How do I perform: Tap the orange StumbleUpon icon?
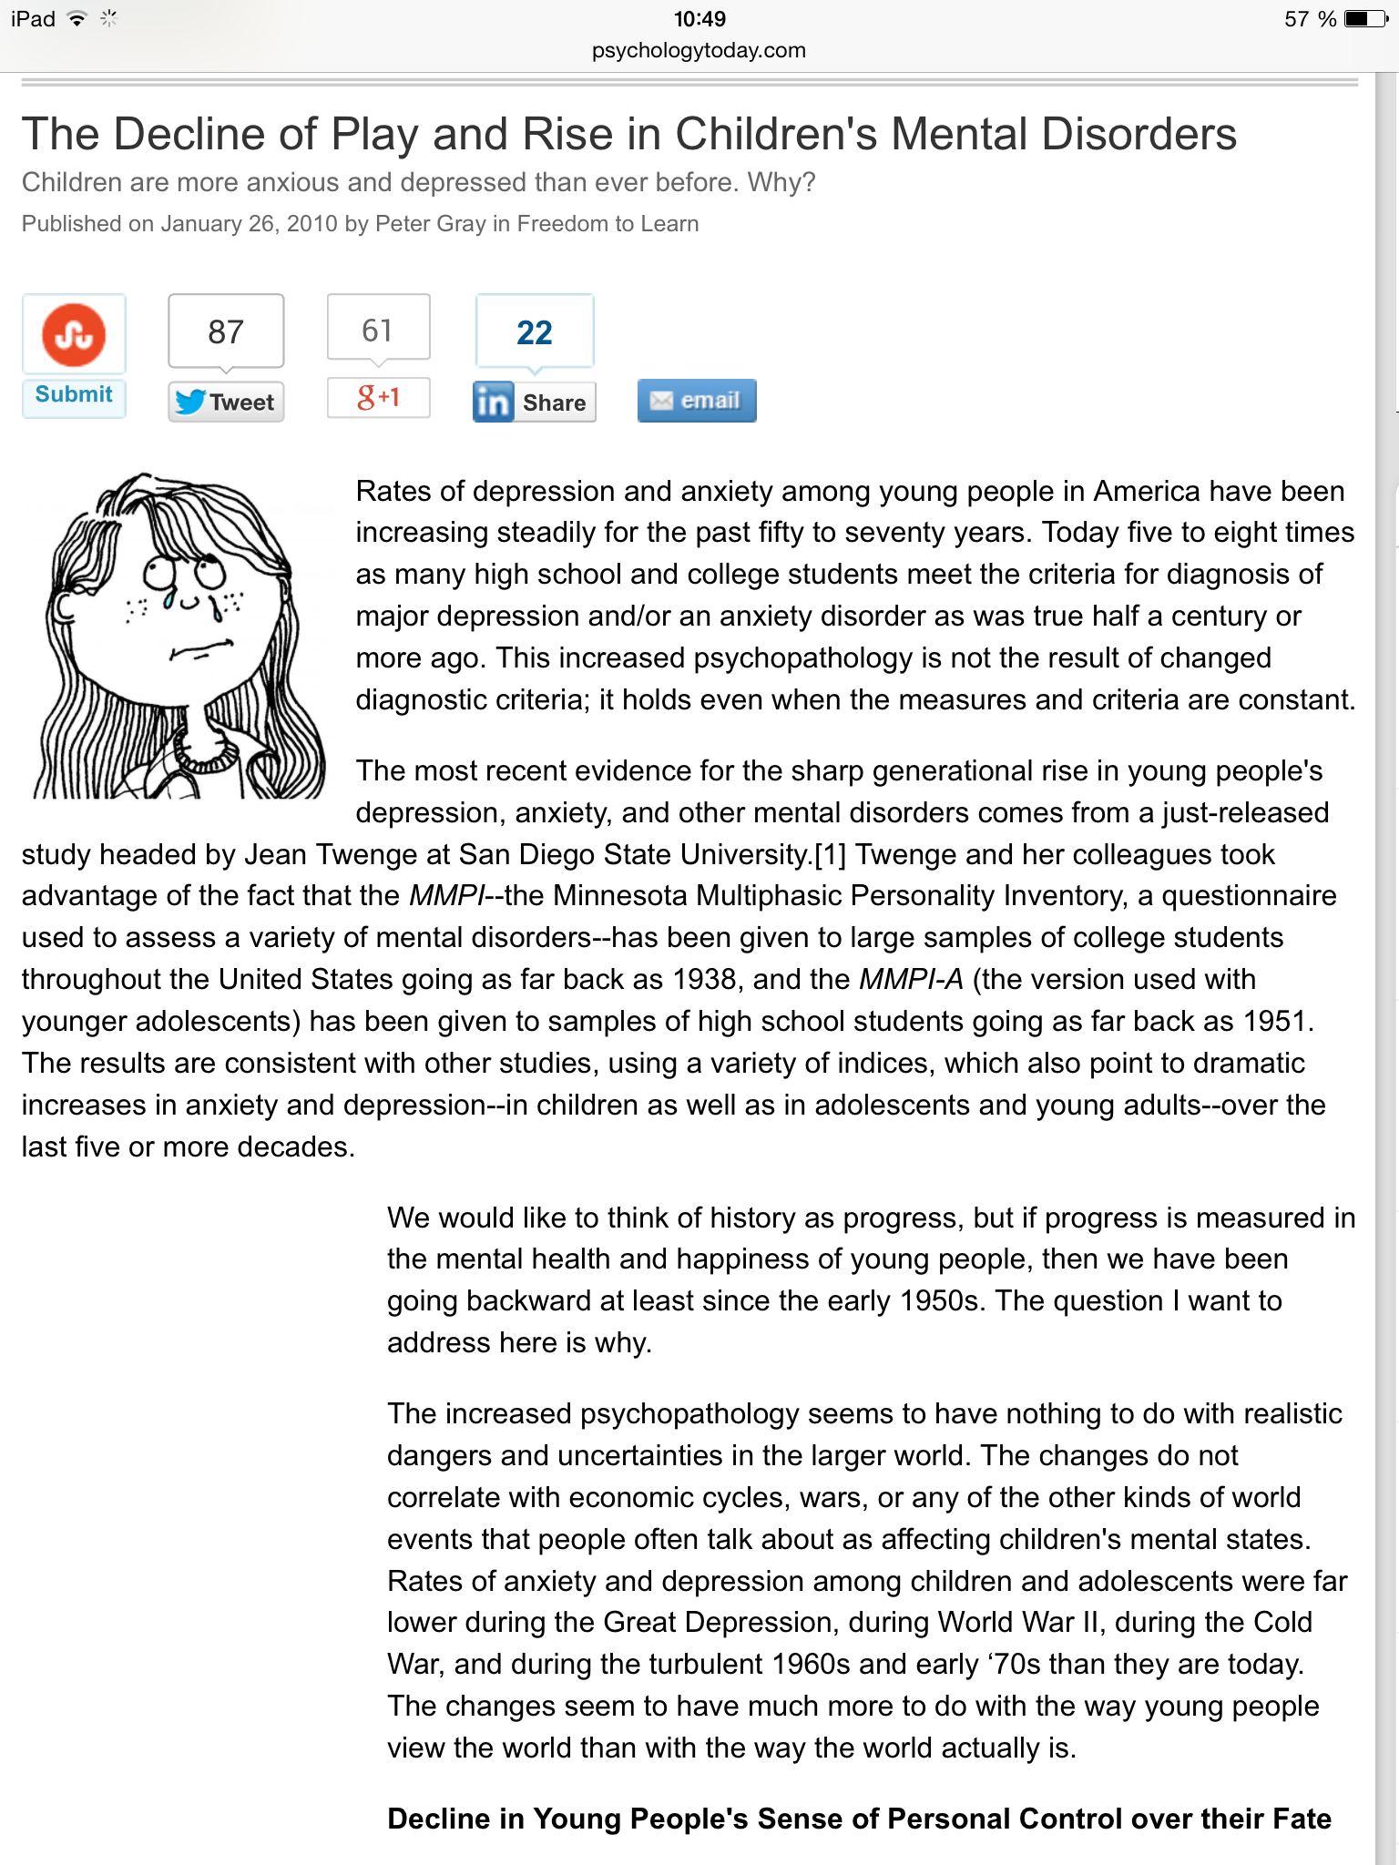(x=74, y=334)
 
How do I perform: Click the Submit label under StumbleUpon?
(x=74, y=394)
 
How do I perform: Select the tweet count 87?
(x=226, y=332)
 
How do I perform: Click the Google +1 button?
(x=378, y=397)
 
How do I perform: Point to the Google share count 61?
(x=377, y=331)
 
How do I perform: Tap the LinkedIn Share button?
(x=534, y=403)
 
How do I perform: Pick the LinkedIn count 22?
(x=535, y=333)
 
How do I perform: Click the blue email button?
(x=697, y=401)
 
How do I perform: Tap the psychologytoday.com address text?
(x=699, y=50)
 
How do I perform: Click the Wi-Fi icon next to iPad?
(x=77, y=19)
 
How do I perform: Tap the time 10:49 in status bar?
(x=699, y=19)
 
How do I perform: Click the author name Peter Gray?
(x=430, y=224)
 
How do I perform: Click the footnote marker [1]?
(x=830, y=855)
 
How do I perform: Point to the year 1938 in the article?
(x=704, y=980)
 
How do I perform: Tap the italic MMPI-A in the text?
(x=911, y=980)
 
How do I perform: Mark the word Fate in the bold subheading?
(x=1302, y=1819)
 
